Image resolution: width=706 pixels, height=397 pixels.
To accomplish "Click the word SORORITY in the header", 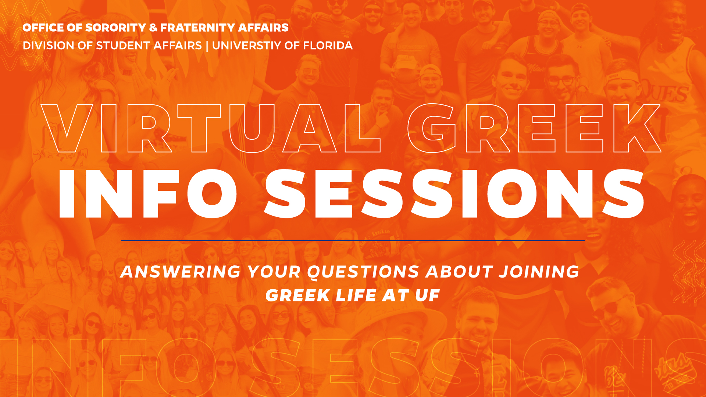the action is [x=115, y=28].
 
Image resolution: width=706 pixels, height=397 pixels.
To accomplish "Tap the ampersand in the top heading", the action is [x=153, y=28].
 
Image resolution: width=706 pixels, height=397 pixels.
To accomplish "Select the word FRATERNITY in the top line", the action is [x=197, y=28].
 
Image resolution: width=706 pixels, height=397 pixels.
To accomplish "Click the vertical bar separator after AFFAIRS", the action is [x=207, y=46].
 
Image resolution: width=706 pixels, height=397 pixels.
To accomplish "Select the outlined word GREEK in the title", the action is [x=534, y=128].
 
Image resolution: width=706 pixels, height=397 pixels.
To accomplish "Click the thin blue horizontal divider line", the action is [x=353, y=240].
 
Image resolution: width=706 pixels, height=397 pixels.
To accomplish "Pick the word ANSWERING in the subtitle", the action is [x=180, y=272].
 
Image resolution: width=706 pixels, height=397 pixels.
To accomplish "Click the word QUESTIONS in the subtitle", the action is [x=363, y=272].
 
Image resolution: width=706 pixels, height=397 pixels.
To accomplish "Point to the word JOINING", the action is [x=539, y=272].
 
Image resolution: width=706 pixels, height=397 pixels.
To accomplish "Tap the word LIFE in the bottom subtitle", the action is [x=356, y=296].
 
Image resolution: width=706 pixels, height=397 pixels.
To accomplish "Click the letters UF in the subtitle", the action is [x=427, y=296].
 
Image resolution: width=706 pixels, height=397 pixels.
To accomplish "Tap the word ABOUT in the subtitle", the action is [x=459, y=272].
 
